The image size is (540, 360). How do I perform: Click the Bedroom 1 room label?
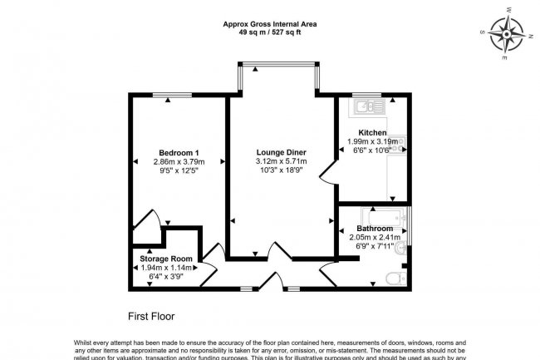point(179,151)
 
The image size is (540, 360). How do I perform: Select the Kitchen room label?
point(371,133)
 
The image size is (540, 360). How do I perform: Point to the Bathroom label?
point(374,228)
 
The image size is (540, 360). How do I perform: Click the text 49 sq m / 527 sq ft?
point(269,33)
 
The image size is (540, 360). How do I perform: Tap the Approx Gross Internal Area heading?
point(269,24)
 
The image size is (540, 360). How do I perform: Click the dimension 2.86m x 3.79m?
point(179,161)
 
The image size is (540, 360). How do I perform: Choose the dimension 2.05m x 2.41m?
point(374,237)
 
